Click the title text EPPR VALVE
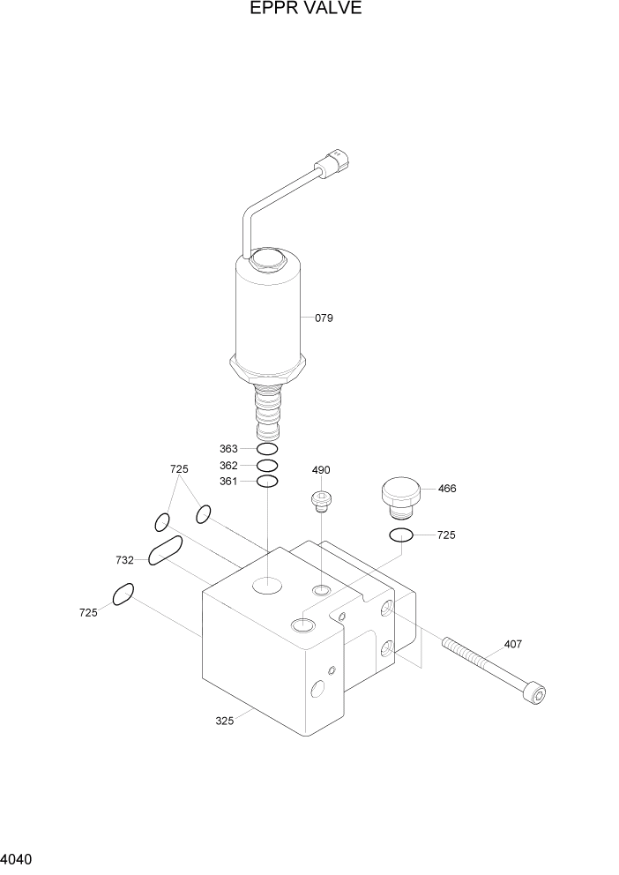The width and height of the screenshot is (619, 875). pyautogui.click(x=305, y=10)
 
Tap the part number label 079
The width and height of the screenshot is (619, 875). pyautogui.click(x=324, y=318)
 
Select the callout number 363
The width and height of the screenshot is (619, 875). pyautogui.click(x=228, y=449)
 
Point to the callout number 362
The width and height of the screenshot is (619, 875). pyautogui.click(x=228, y=465)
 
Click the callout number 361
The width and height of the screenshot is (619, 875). pyautogui.click(x=228, y=481)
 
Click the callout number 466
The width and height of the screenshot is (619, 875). pyautogui.click(x=447, y=489)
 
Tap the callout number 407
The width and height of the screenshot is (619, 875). pyautogui.click(x=512, y=644)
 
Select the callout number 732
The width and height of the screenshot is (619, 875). pyautogui.click(x=125, y=560)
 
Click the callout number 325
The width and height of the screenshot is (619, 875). pyautogui.click(x=225, y=721)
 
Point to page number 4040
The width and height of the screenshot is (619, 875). pyautogui.click(x=18, y=858)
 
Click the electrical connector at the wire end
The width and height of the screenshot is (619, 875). pyautogui.click(x=336, y=163)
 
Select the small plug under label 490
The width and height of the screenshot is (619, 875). pyautogui.click(x=320, y=502)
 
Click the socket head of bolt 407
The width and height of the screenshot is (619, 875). pyautogui.click(x=535, y=693)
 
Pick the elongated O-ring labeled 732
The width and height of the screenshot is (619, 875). pyautogui.click(x=166, y=550)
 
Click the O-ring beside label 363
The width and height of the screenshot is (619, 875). pyautogui.click(x=267, y=449)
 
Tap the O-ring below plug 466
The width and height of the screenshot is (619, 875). pyautogui.click(x=401, y=535)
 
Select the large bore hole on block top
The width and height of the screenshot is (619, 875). pyautogui.click(x=266, y=583)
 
